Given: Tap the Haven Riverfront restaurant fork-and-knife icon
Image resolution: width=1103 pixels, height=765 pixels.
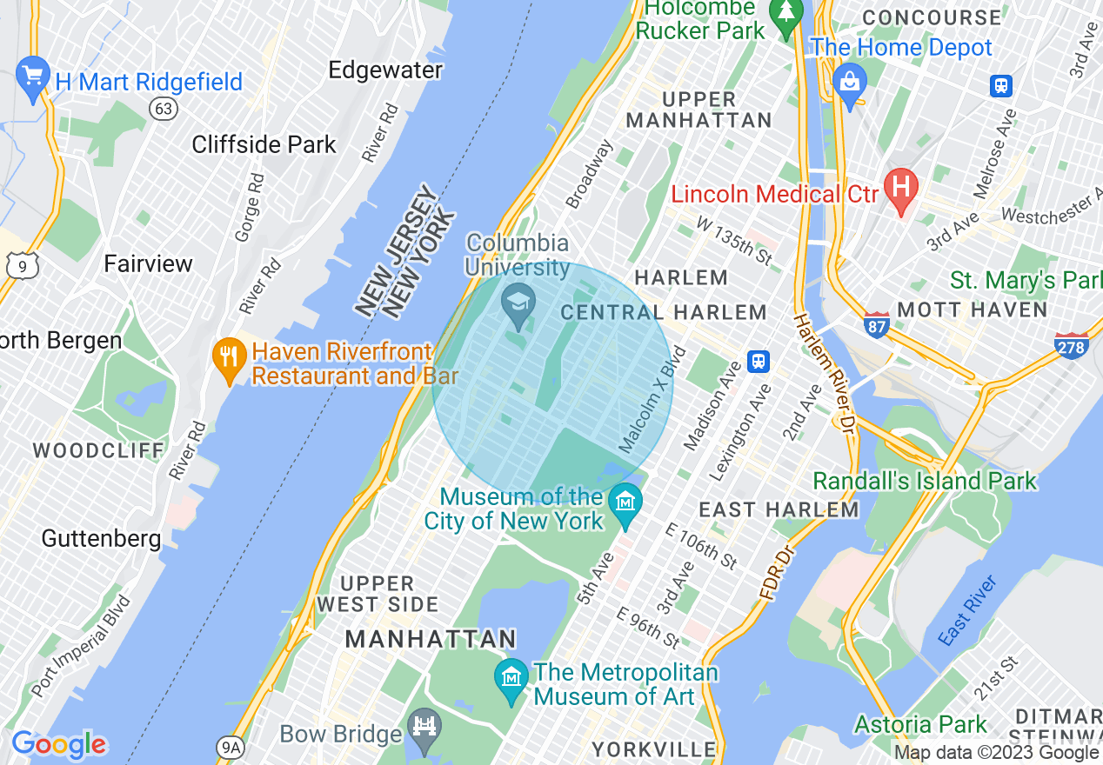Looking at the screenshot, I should coord(229,359).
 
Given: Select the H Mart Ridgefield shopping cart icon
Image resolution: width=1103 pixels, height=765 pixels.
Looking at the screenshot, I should coord(33,76).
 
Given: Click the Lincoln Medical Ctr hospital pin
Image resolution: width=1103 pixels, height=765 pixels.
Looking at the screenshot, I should coord(901,189).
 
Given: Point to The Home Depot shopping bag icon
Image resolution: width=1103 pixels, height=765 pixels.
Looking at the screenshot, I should coord(849,83).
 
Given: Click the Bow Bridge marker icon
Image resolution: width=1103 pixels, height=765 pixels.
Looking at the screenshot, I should coord(424,728).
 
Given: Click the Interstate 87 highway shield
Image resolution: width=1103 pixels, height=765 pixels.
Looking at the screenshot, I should coord(876,324).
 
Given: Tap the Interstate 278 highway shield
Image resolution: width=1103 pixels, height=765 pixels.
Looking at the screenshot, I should coord(1071,346).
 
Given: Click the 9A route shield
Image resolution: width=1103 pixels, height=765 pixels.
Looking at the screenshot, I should coord(229,745).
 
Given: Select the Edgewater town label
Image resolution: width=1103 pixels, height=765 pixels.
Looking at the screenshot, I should coord(385,70).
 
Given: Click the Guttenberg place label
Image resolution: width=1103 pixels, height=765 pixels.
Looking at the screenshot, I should coord(101,538).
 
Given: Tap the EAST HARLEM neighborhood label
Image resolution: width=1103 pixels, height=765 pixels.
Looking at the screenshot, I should coord(779,509).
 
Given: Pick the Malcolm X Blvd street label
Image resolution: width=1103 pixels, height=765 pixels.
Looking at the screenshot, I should coord(652,400).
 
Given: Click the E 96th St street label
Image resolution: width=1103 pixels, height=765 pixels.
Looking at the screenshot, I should coord(648,628).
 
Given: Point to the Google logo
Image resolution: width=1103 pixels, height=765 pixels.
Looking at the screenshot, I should coord(58,744).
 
